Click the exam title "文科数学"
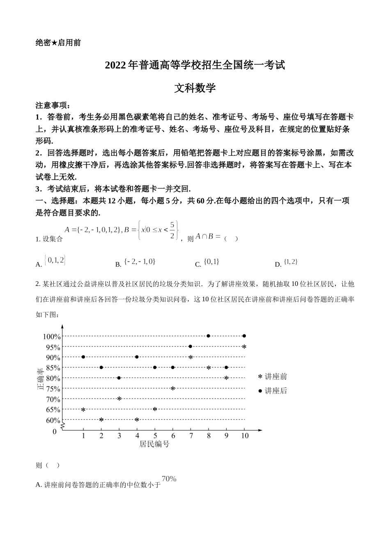195,88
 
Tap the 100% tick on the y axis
52,337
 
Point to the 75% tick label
53,389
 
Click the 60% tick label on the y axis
53,420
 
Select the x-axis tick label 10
245,436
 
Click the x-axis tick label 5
155,436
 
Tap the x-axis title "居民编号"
154,444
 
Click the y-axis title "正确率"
41,378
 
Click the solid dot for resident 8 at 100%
209,336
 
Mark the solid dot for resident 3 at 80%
119,378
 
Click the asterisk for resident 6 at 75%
173,388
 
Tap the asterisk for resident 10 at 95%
244,347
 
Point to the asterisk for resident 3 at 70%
119,398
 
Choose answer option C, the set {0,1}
211,262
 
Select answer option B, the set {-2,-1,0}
140,262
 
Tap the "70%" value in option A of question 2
169,478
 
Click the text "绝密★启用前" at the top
58,43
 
